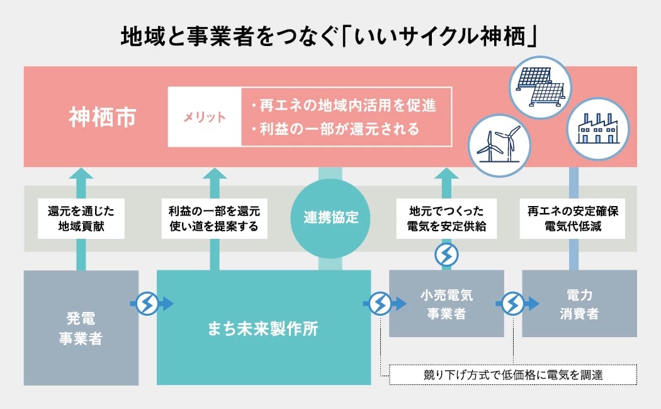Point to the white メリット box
(x=205, y=118)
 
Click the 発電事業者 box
(x=81, y=328)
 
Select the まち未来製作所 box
(x=263, y=328)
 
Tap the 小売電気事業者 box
(x=446, y=304)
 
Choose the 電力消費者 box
(x=579, y=304)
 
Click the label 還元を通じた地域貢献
(x=81, y=218)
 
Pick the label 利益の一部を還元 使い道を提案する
(x=214, y=218)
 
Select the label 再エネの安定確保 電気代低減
(x=573, y=218)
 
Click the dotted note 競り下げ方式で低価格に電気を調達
(x=513, y=375)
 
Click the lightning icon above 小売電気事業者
(x=447, y=255)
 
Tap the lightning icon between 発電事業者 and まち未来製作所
(x=147, y=304)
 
